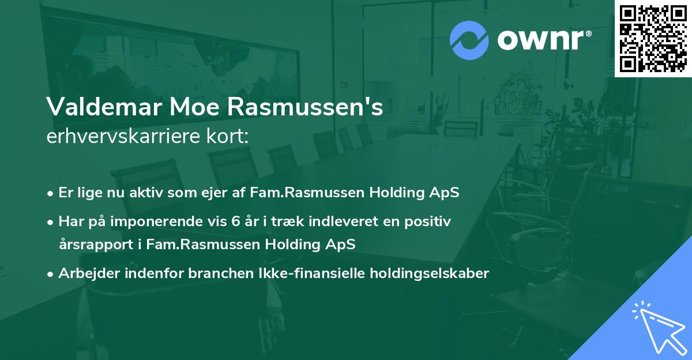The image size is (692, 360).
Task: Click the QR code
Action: click(653, 39)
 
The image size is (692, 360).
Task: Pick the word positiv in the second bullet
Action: click(429, 221)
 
